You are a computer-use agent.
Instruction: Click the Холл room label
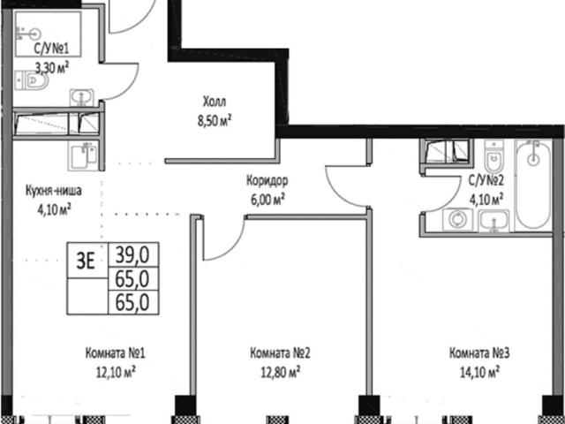pyautogui.click(x=215, y=102)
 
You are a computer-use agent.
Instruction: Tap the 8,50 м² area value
pyautogui.click(x=214, y=121)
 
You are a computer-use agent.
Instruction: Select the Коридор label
pyautogui.click(x=267, y=181)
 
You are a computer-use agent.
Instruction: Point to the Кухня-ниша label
pyautogui.click(x=53, y=191)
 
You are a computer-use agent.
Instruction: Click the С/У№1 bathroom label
pyautogui.click(x=51, y=49)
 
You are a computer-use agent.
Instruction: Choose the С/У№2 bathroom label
pyautogui.click(x=486, y=181)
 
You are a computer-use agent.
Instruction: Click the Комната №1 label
pyautogui.click(x=116, y=353)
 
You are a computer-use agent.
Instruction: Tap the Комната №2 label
pyautogui.click(x=280, y=353)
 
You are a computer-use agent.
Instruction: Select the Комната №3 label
pyautogui.click(x=479, y=353)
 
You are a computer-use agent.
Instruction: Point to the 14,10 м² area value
pyautogui.click(x=479, y=372)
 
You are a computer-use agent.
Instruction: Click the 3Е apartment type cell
pyautogui.click(x=86, y=261)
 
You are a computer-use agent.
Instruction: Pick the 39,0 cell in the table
pyautogui.click(x=133, y=255)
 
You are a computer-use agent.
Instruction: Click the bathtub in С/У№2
pyautogui.click(x=533, y=184)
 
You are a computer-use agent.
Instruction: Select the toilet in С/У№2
pyautogui.click(x=493, y=156)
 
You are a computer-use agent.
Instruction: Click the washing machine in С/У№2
pyautogui.click(x=458, y=220)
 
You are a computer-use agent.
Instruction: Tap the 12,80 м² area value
pyautogui.click(x=280, y=372)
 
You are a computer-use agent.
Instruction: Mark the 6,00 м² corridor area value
pyautogui.click(x=267, y=200)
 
